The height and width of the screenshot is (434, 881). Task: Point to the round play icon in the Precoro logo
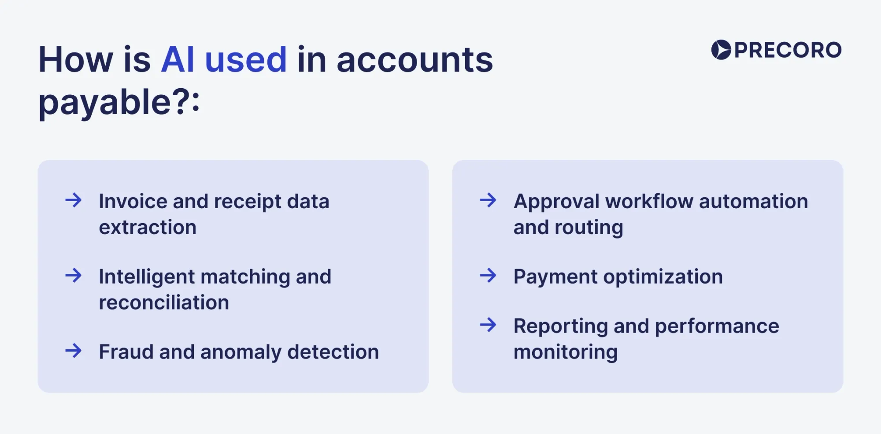[721, 50]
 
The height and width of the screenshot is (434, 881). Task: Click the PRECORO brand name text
[788, 50]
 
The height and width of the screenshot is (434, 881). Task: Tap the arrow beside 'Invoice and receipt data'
[74, 200]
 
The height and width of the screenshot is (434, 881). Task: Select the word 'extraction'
[148, 227]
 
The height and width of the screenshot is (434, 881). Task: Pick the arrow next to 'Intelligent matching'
[74, 276]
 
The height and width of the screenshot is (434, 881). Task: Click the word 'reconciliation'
[164, 303]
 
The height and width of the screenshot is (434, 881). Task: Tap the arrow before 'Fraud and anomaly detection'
[74, 351]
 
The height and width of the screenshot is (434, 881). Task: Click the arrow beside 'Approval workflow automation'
[488, 200]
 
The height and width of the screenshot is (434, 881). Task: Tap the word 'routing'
[589, 228]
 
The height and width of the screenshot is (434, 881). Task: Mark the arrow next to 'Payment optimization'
[488, 276]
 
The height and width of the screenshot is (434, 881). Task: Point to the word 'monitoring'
[566, 352]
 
